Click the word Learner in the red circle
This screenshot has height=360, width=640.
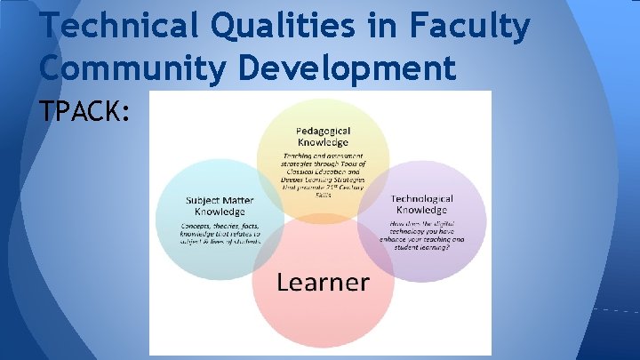click(323, 282)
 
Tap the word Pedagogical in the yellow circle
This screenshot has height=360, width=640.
click(323, 132)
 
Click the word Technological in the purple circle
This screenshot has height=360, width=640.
click(422, 199)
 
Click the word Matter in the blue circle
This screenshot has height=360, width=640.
click(244, 199)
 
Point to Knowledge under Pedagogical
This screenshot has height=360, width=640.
click(323, 143)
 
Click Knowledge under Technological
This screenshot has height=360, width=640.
click(422, 211)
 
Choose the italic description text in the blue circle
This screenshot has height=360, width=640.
click(220, 236)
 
